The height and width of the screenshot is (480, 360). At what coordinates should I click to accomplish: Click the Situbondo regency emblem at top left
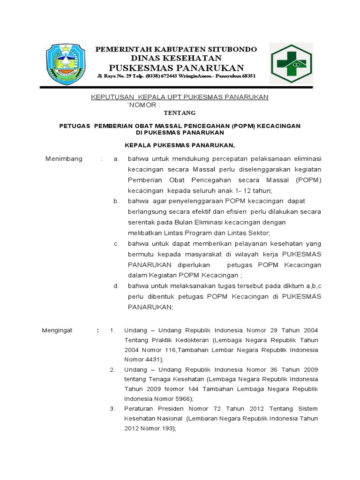pyautogui.click(x=66, y=64)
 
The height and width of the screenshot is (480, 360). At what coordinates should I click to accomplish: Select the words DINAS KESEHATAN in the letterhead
pyautogui.click(x=176, y=58)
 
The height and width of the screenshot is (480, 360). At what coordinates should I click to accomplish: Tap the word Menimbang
pyautogui.click(x=64, y=158)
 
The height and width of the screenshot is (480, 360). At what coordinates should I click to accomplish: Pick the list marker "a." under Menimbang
pyautogui.click(x=117, y=158)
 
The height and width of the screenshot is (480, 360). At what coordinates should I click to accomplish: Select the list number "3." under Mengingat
pyautogui.click(x=112, y=408)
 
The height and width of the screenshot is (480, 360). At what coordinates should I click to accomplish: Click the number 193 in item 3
pyautogui.click(x=166, y=428)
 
